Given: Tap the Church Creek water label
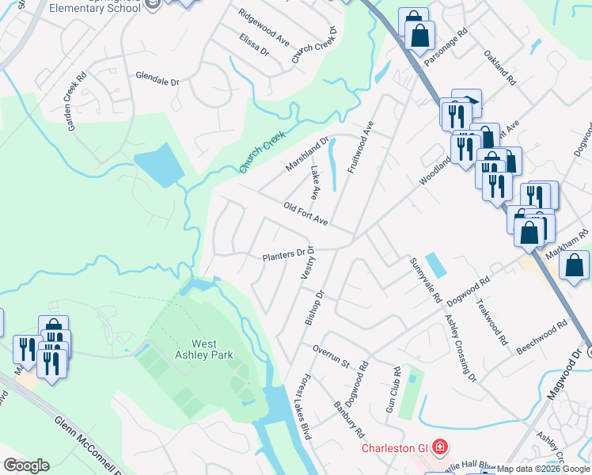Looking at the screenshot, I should click(x=262, y=153).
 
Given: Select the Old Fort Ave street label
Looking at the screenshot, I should click(x=305, y=213).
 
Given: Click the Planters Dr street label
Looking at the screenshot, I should click(x=283, y=256).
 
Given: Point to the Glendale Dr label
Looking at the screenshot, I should click(x=157, y=82).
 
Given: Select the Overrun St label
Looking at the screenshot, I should click(x=330, y=356).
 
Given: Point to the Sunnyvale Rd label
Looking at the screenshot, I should click(x=424, y=279).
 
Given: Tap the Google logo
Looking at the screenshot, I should click(x=26, y=465).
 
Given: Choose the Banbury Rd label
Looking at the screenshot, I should click(x=348, y=422).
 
